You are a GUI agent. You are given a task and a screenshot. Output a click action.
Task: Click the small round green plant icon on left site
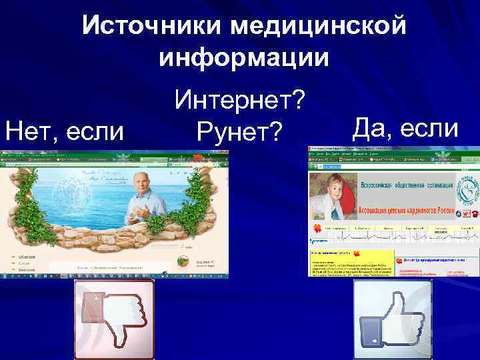point(183,261)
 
